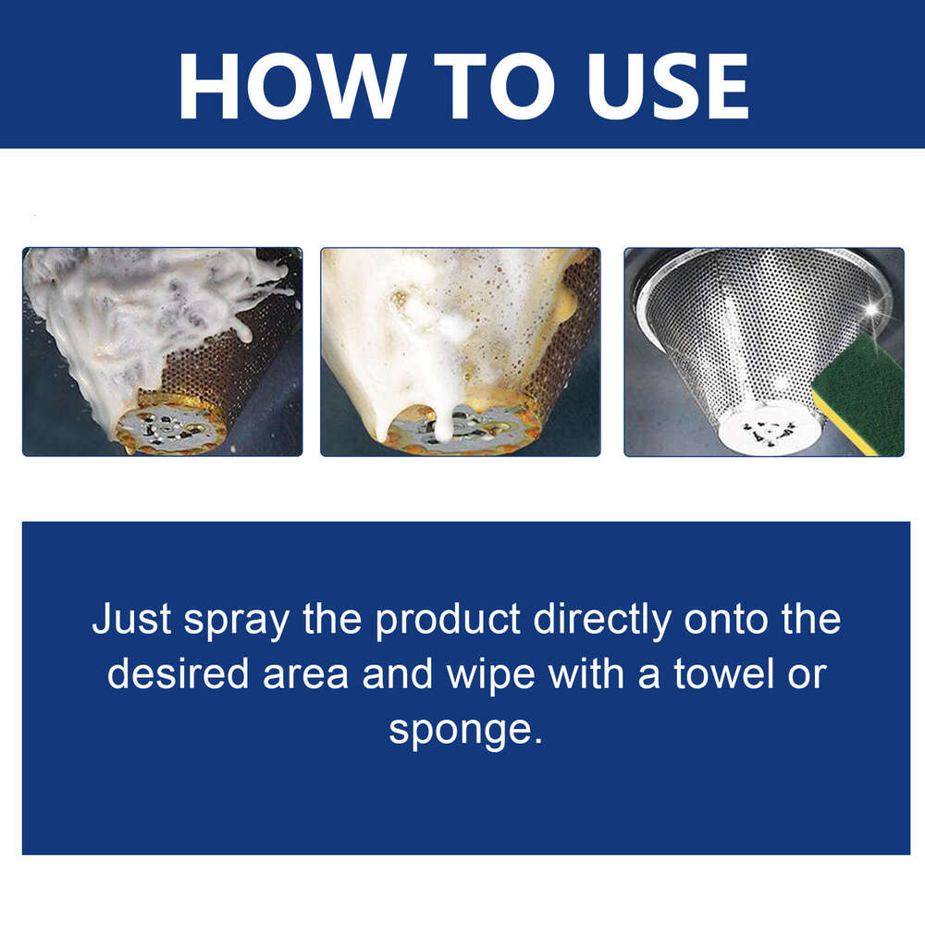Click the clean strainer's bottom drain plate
click(x=769, y=429)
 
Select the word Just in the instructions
click(x=131, y=621)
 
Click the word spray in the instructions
click(x=236, y=621)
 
